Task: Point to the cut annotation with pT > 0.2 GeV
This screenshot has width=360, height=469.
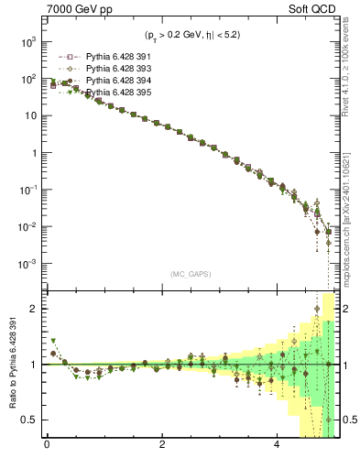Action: tap(191, 36)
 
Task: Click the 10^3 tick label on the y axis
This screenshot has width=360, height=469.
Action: tap(27, 42)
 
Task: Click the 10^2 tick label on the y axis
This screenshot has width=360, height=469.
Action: tap(27, 80)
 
